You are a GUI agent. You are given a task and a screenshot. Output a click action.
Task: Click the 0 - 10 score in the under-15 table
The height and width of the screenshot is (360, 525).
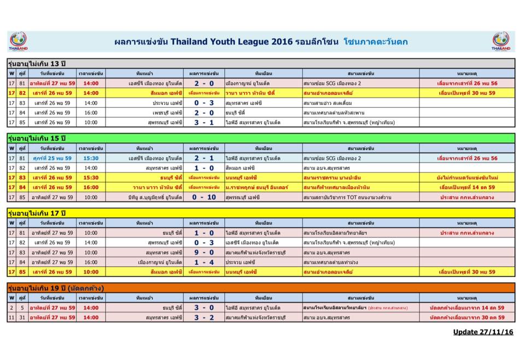coord(204,197)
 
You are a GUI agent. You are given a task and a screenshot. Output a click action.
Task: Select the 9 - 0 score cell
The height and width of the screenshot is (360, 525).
coord(204,252)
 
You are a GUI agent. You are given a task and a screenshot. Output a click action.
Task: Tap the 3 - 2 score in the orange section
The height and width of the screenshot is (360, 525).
coord(204,317)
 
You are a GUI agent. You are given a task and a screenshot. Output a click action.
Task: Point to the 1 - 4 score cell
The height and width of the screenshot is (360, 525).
coord(204,262)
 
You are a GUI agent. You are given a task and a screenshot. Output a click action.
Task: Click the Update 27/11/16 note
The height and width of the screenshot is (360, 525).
coord(483,332)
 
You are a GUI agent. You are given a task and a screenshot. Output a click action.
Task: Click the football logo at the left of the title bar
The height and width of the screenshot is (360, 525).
coord(18,41)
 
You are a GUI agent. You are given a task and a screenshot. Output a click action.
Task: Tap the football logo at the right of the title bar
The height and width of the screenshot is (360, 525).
coord(500,41)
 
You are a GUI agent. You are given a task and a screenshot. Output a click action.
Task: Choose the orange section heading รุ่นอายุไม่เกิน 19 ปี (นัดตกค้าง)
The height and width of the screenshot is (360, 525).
coord(56,288)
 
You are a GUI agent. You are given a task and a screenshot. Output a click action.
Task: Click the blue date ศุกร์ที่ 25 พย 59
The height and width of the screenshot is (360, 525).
coord(52,158)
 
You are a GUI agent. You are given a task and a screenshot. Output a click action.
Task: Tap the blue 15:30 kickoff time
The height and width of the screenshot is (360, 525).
coord(91,158)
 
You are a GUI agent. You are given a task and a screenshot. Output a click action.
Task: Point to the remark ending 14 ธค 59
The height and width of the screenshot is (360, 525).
coord(467,187)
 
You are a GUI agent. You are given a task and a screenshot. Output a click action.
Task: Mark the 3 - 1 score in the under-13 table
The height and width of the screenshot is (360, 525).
coord(204,122)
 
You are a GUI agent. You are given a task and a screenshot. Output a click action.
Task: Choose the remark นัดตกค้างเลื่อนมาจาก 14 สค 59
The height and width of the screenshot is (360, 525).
coord(467,307)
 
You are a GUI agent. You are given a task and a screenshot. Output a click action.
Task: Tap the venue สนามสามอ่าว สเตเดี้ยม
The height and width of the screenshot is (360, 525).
coord(331,102)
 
